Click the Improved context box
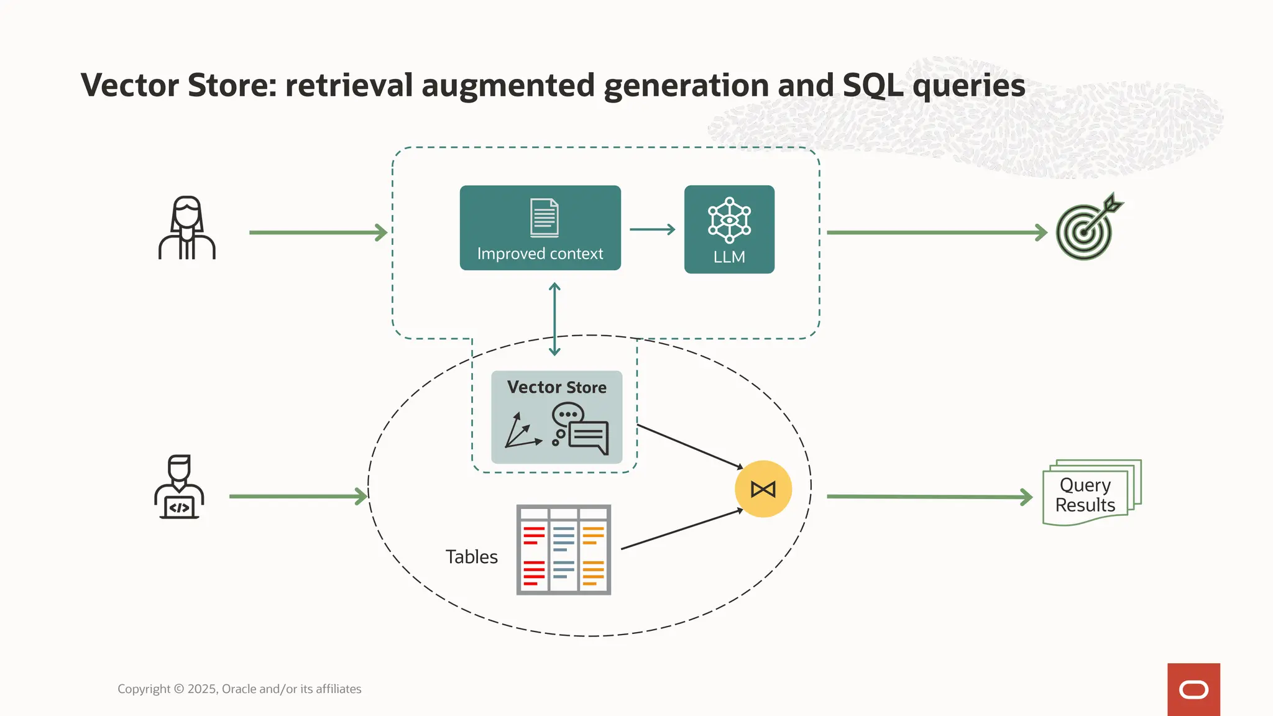click(540, 228)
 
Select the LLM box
click(729, 229)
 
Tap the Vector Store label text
click(556, 387)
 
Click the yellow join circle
click(763, 489)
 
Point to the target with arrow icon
click(1088, 227)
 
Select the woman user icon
click(186, 228)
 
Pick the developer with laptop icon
click(179, 487)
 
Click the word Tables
click(471, 557)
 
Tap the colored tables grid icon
click(563, 550)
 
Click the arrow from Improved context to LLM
click(652, 229)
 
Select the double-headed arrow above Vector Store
click(555, 319)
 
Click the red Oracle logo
click(1193, 689)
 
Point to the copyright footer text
click(239, 689)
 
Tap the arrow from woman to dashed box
click(318, 232)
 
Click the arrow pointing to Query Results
click(929, 497)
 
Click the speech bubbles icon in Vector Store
click(580, 429)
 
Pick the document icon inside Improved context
click(544, 218)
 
